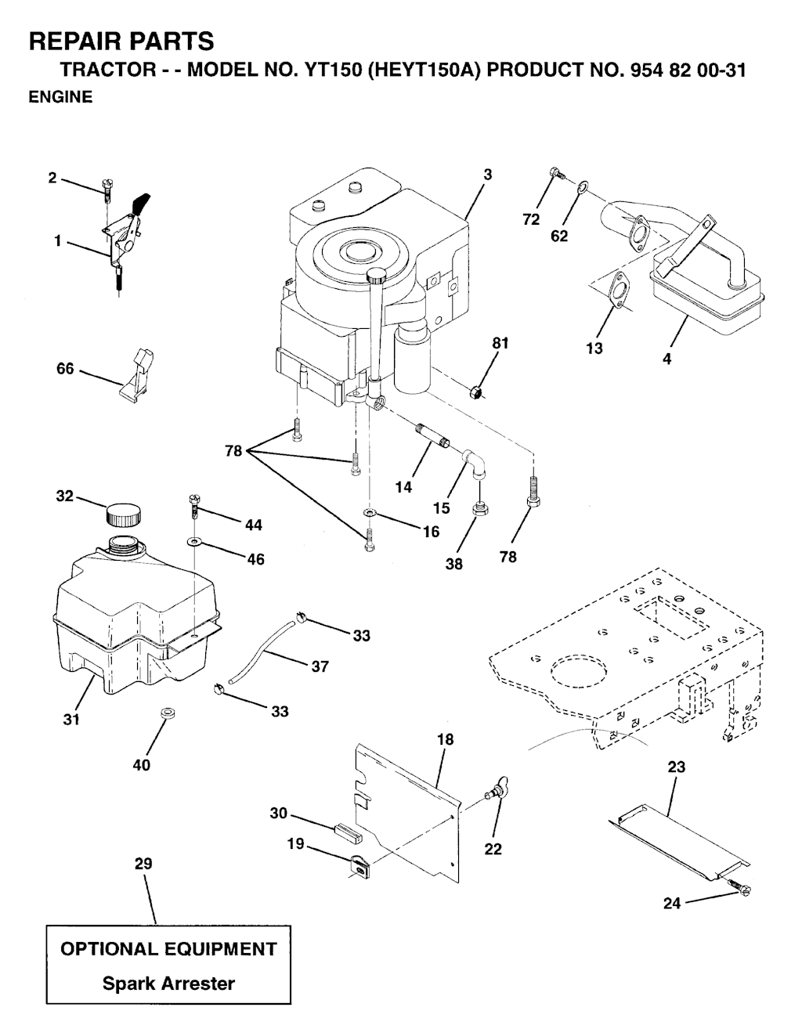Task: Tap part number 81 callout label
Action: [500, 343]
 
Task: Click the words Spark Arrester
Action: [168, 984]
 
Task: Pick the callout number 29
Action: [143, 864]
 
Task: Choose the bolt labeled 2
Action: [107, 188]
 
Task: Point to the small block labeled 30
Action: [346, 829]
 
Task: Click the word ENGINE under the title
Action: [60, 97]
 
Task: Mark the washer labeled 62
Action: [582, 189]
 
